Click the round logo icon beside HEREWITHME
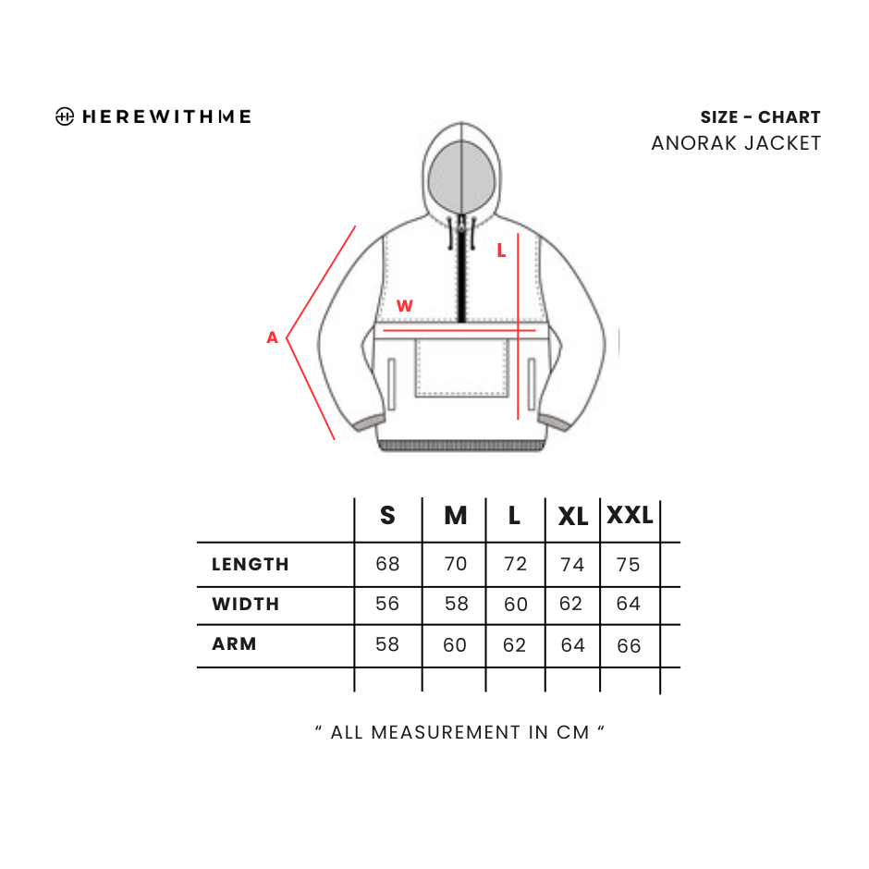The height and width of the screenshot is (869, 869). click(x=65, y=116)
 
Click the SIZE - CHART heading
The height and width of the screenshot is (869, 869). click(x=760, y=117)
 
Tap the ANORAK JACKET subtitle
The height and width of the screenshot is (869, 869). click(x=736, y=143)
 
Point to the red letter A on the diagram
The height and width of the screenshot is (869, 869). click(x=272, y=337)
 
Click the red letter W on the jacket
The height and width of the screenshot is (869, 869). click(x=405, y=305)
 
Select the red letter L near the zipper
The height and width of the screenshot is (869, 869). click(x=502, y=251)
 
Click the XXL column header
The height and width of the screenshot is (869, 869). click(x=630, y=516)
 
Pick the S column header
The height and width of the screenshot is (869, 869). click(x=388, y=516)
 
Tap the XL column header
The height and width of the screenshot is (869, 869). click(x=573, y=517)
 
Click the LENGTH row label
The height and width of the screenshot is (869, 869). click(x=251, y=564)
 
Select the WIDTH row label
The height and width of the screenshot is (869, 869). click(x=246, y=604)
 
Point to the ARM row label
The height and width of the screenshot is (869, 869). click(x=235, y=643)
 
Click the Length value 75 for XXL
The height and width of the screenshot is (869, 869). click(x=628, y=564)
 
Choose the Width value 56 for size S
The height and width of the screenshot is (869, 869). click(x=387, y=603)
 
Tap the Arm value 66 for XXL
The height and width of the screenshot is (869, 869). click(x=629, y=645)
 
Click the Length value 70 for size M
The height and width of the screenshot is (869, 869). click(x=456, y=564)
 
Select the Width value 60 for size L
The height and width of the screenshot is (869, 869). click(x=516, y=604)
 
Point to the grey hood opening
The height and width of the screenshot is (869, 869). click(x=461, y=177)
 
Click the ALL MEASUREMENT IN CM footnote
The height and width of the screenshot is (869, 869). click(x=459, y=732)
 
